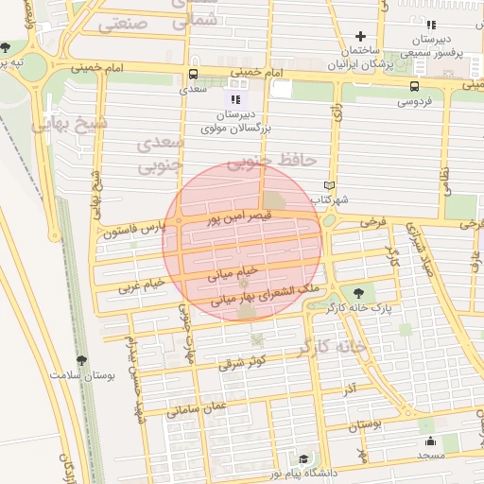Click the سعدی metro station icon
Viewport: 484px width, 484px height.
tap(194, 74)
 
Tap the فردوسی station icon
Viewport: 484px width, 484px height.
tap(414, 86)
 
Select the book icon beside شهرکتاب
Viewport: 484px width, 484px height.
tap(329, 185)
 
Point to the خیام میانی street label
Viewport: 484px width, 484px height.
tap(233, 272)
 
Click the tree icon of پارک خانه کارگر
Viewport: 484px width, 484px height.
tap(357, 292)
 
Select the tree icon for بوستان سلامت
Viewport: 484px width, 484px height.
tap(80, 359)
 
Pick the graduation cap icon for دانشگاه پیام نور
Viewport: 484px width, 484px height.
tap(303, 458)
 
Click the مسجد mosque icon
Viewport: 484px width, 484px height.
tap(430, 440)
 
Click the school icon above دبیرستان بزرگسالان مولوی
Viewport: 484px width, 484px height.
tap(235, 98)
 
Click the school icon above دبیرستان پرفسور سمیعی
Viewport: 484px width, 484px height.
tap(431, 26)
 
